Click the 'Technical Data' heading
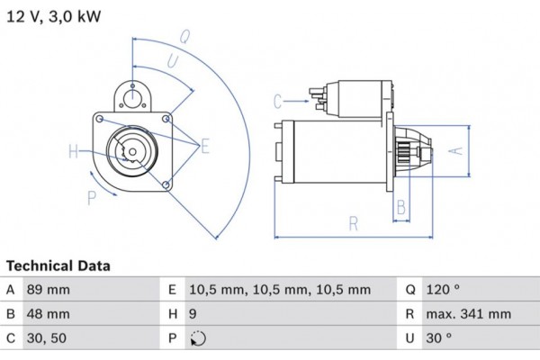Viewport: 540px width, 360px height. [x=58, y=266]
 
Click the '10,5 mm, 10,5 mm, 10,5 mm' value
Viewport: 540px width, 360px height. [x=280, y=290]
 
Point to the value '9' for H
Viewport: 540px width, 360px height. [x=193, y=315]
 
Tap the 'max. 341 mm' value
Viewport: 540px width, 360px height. [x=469, y=315]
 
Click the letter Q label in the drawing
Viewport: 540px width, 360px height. [x=184, y=37]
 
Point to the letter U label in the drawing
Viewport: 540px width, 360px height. [x=171, y=61]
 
